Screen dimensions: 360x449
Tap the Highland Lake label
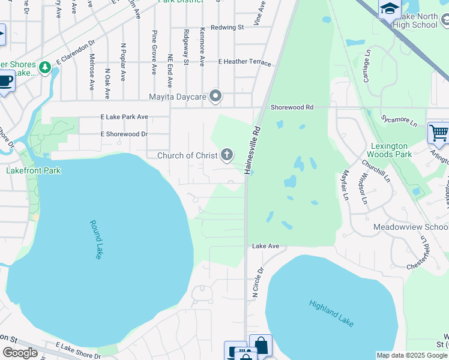coord(331,313)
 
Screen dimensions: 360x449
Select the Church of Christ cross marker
coord(227,155)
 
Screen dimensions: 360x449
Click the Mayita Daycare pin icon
coord(216,96)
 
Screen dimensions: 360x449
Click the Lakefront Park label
coord(34,170)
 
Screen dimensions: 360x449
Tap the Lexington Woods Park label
coord(389,150)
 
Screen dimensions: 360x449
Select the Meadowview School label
coord(411,227)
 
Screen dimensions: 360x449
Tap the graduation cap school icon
coord(389,8)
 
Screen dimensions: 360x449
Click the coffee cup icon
coord(5,80)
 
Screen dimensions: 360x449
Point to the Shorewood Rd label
coord(292,107)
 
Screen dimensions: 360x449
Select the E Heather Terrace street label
coord(244,62)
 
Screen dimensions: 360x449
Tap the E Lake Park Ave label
coord(124,116)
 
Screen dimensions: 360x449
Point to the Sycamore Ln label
coord(399,122)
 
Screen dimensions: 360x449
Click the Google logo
coord(20,353)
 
